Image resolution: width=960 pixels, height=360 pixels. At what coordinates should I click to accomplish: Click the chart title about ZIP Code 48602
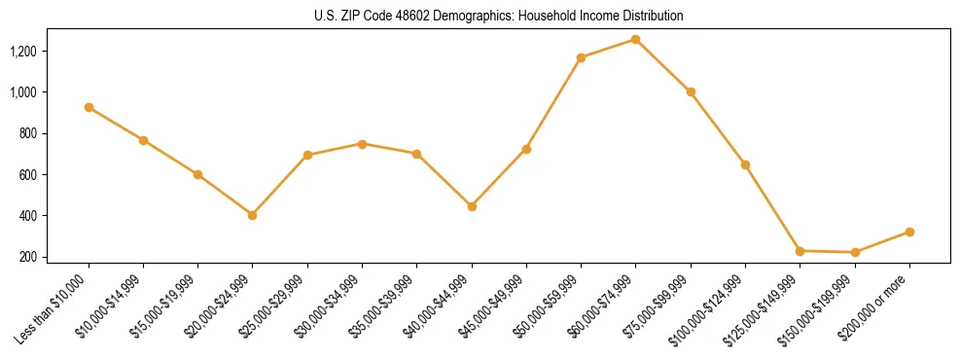coord(499,16)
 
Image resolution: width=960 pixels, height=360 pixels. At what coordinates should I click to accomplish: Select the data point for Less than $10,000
coord(89,107)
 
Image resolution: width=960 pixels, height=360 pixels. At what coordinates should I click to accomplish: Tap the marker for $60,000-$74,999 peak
coord(635,39)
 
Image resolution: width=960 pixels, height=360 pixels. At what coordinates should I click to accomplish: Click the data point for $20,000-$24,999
coord(252,215)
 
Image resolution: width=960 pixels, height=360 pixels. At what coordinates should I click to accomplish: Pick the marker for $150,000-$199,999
coord(855,252)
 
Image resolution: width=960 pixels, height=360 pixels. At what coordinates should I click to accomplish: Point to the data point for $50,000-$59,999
coord(581,57)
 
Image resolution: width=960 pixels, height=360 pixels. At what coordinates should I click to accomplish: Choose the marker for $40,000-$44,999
coord(472,206)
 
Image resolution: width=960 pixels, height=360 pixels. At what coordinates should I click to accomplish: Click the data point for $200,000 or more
coord(909,232)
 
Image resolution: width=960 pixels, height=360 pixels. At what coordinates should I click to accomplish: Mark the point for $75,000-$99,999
coord(691,91)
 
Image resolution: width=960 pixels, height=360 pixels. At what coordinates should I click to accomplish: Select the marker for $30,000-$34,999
coord(362,144)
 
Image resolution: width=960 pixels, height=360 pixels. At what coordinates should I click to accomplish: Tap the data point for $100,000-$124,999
coord(745,164)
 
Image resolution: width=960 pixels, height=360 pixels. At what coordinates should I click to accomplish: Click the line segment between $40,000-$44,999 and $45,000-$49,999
coord(499,177)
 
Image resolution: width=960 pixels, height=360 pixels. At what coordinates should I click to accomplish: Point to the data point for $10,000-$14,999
coord(143,140)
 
